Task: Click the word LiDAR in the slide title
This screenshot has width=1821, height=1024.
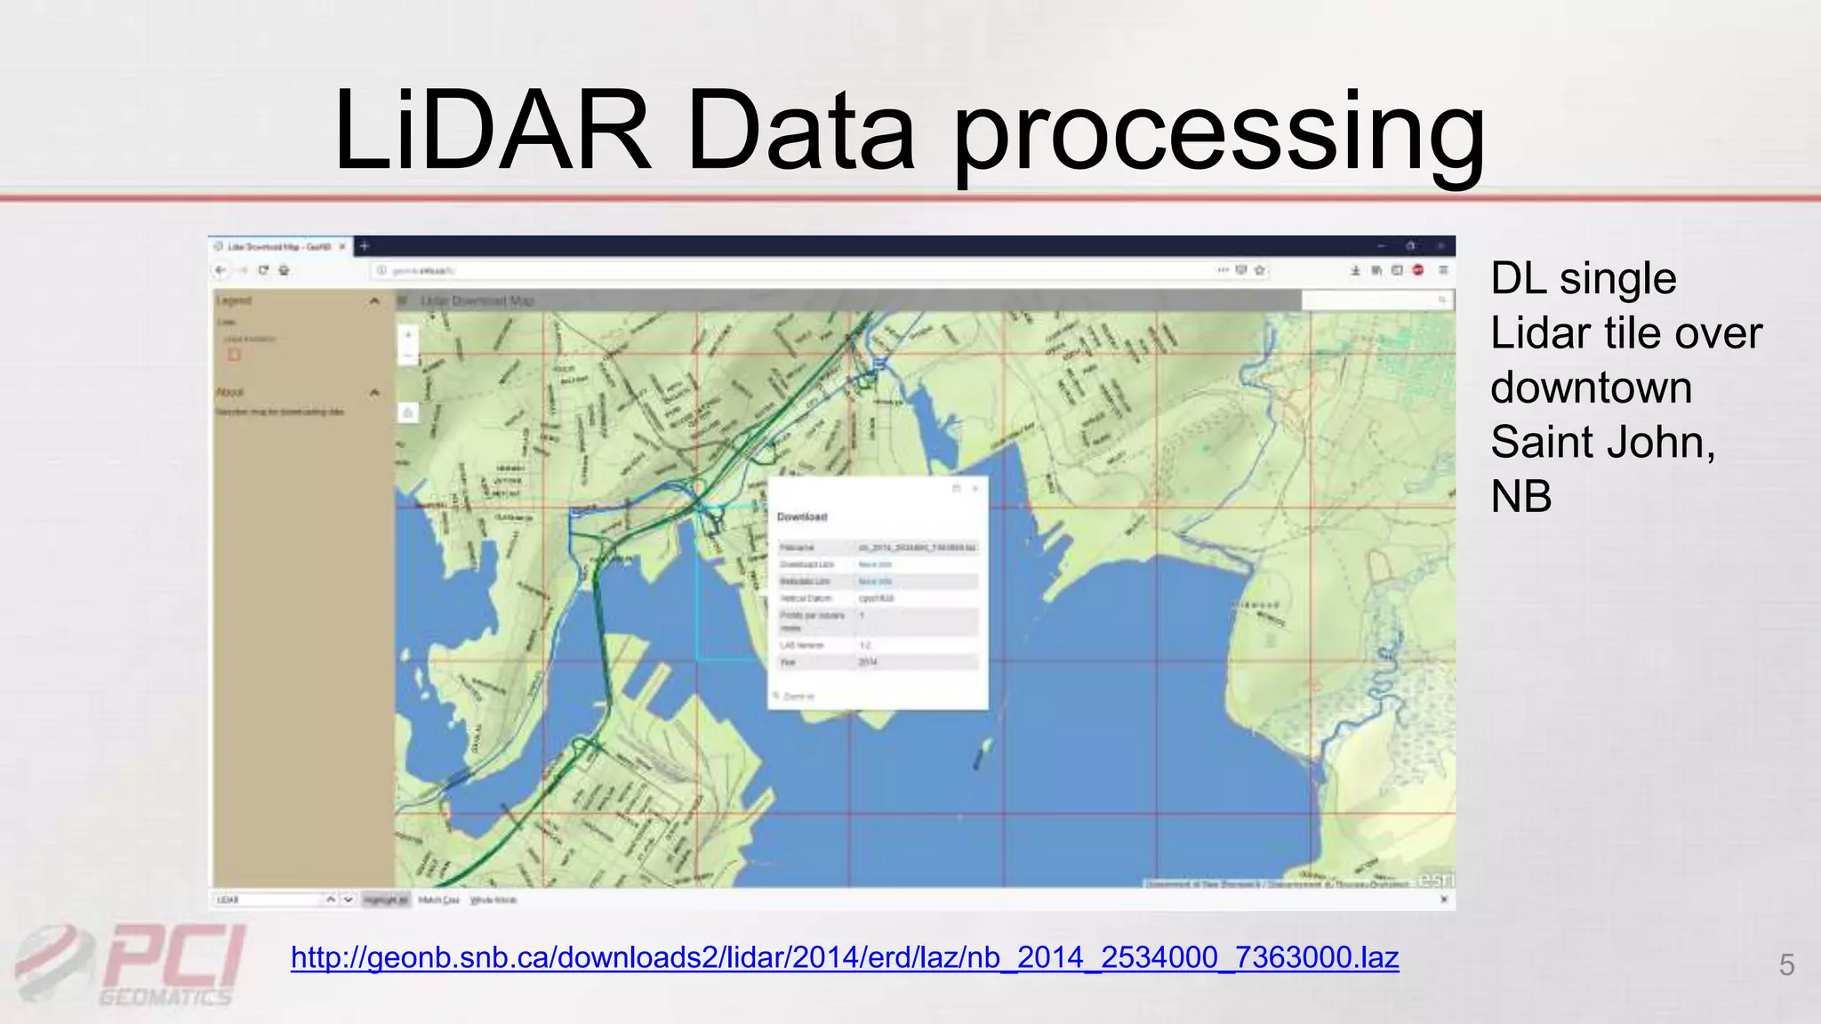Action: click(x=493, y=132)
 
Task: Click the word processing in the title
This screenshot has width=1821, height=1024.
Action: click(x=1219, y=135)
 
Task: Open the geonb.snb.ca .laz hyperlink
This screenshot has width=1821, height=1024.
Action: click(x=845, y=957)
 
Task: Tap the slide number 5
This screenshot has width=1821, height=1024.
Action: click(x=1786, y=964)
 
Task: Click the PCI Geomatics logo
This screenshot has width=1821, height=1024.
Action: click(x=133, y=964)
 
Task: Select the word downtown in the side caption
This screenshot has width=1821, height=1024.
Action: click(x=1591, y=388)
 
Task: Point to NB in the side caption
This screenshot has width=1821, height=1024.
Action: click(x=1521, y=496)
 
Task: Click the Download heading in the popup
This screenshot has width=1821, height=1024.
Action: click(x=802, y=516)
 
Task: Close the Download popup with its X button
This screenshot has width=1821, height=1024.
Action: click(x=975, y=488)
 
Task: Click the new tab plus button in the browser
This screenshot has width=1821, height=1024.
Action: click(x=365, y=246)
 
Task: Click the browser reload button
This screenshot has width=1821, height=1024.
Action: click(x=263, y=270)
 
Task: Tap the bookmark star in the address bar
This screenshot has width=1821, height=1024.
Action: click(x=1260, y=270)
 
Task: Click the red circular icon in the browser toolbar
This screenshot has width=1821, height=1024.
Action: click(x=1418, y=270)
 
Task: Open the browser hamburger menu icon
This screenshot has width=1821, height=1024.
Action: click(x=1443, y=270)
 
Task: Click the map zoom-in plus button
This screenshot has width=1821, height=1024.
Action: click(x=408, y=335)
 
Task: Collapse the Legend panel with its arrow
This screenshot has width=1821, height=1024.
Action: click(x=374, y=301)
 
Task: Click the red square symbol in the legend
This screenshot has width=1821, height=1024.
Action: click(x=234, y=355)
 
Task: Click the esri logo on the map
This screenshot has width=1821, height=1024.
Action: click(x=1436, y=879)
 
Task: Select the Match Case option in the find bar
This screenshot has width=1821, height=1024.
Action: click(x=438, y=900)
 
